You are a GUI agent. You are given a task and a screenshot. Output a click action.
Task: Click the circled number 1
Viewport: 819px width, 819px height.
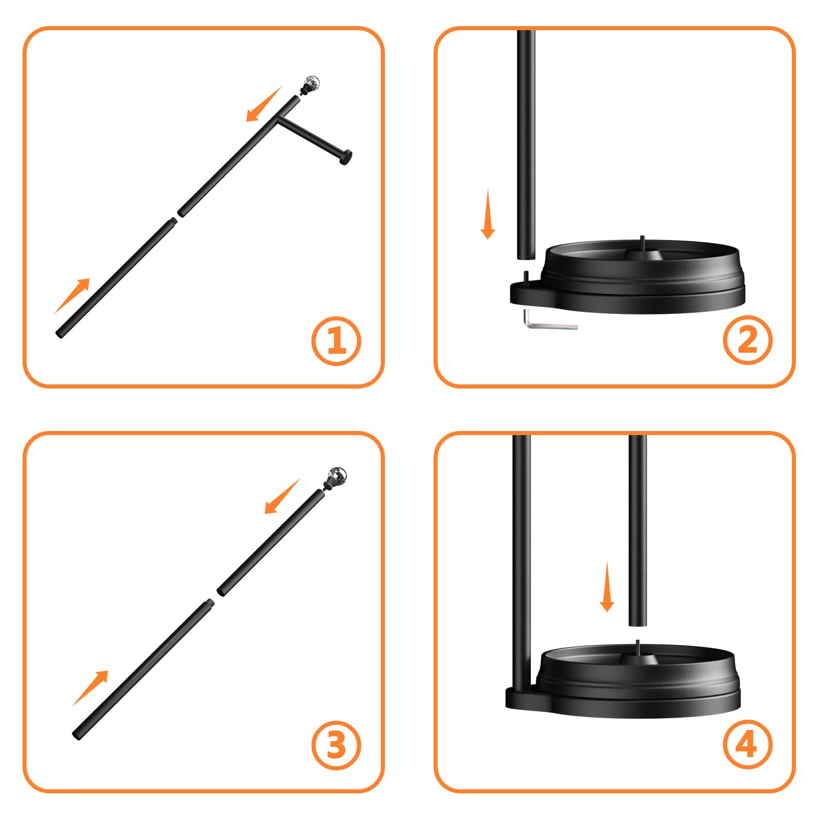[x=336, y=341]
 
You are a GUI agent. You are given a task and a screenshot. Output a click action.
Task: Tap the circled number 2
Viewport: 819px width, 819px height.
[x=747, y=340]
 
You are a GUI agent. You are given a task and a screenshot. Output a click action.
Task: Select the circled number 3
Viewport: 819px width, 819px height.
[x=336, y=745]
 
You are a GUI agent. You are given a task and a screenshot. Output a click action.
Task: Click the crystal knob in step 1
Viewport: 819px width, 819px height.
[x=311, y=84]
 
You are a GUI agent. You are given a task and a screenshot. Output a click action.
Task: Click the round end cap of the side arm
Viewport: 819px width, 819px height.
[x=347, y=158]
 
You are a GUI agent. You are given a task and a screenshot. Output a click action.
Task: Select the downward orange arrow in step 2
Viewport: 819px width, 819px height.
[x=488, y=213]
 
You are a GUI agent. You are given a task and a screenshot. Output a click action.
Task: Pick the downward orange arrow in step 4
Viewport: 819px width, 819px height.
[x=607, y=587]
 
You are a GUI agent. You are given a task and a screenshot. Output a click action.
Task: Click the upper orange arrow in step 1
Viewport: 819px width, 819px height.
[x=264, y=104]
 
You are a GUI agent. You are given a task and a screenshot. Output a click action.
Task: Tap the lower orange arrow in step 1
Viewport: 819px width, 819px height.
[x=72, y=296]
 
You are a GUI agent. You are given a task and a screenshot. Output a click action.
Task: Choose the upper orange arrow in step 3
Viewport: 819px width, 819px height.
[x=282, y=496]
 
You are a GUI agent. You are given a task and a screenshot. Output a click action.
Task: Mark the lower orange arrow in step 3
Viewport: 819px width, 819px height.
[x=90, y=688]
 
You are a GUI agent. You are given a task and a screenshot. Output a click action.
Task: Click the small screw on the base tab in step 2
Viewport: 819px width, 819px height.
[x=525, y=276]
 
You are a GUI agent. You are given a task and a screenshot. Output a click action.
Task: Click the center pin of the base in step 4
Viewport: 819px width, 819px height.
[x=638, y=646]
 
